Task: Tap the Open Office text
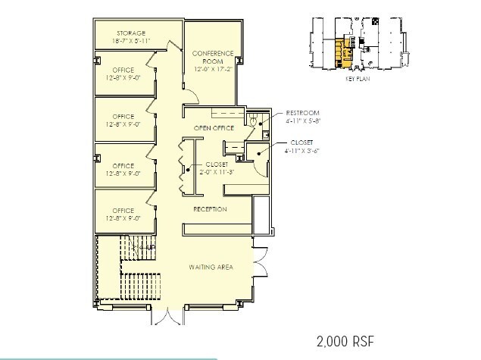pyautogui.click(x=212, y=129)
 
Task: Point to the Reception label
pyautogui.click(x=210, y=209)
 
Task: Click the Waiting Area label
pyautogui.click(x=211, y=268)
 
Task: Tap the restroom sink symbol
pyautogui.click(x=264, y=134)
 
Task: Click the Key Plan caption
pyautogui.click(x=356, y=78)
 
